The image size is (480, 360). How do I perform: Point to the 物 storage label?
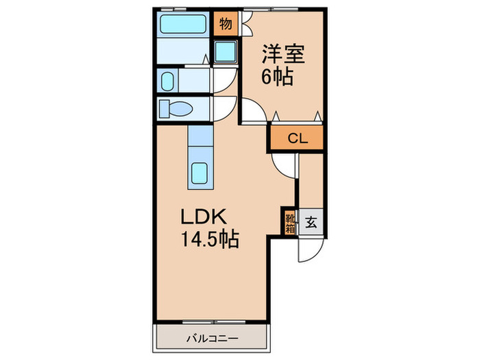[226, 24]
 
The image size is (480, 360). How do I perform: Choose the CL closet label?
[296, 138]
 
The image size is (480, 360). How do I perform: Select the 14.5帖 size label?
[208, 241]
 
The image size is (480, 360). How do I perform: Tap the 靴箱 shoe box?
[289, 222]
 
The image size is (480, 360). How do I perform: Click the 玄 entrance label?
[311, 222]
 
